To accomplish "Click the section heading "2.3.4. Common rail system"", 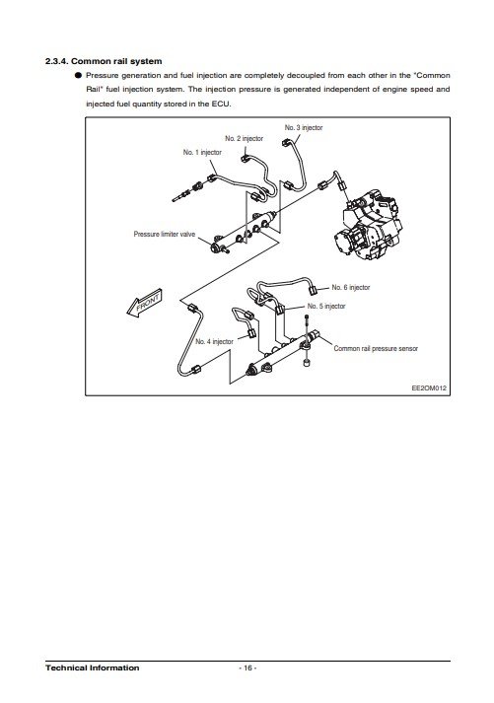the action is [x=104, y=61].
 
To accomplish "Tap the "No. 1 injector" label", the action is [x=202, y=153].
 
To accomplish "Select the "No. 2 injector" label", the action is [x=244, y=139].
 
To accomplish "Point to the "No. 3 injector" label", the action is [x=304, y=128].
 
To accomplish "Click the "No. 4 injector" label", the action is [x=214, y=341].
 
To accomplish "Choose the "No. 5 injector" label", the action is [x=326, y=307].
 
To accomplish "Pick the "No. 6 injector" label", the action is [x=351, y=287].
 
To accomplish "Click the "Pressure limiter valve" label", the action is [x=165, y=234].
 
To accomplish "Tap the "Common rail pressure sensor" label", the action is [x=376, y=348].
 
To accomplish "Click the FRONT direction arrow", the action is [x=144, y=303].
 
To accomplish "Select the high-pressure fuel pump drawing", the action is [x=367, y=224].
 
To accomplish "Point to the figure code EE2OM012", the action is [x=429, y=388].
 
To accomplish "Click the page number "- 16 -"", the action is [x=247, y=668].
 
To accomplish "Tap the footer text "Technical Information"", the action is [x=93, y=668].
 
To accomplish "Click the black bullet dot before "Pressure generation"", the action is [x=78, y=75].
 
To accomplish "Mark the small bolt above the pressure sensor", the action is [x=307, y=317].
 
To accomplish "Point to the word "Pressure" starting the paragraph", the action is [x=103, y=75].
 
